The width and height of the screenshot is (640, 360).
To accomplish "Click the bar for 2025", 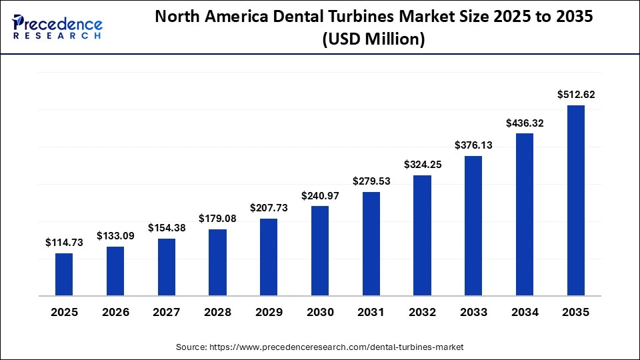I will click(x=64, y=274).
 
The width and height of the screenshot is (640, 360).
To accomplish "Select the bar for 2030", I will click(x=320, y=251).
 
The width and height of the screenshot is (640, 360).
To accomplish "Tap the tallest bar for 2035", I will click(x=576, y=200).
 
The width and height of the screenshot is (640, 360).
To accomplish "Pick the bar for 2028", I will click(x=217, y=262).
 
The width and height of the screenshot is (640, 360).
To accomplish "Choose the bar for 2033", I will click(x=473, y=225).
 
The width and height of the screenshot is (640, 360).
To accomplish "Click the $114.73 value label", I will click(x=64, y=243).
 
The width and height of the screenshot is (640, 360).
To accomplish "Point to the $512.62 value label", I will click(x=576, y=95).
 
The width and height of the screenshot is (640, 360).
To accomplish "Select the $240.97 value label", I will click(x=320, y=195).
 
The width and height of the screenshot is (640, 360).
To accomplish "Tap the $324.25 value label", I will click(x=422, y=165).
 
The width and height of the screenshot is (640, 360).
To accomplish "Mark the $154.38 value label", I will click(x=166, y=228).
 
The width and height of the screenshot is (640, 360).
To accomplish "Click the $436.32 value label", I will click(x=525, y=123).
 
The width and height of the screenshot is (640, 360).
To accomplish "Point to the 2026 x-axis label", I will click(x=115, y=312).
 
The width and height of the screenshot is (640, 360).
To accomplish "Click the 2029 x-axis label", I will click(x=269, y=312).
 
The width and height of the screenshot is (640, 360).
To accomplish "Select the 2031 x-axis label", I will click(x=371, y=312).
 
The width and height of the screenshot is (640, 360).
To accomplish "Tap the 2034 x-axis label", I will click(x=525, y=312).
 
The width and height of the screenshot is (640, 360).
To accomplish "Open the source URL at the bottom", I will click(x=319, y=347).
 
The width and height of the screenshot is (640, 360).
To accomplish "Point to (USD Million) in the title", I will click(x=373, y=39).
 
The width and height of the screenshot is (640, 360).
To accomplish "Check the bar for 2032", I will click(x=422, y=235).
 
